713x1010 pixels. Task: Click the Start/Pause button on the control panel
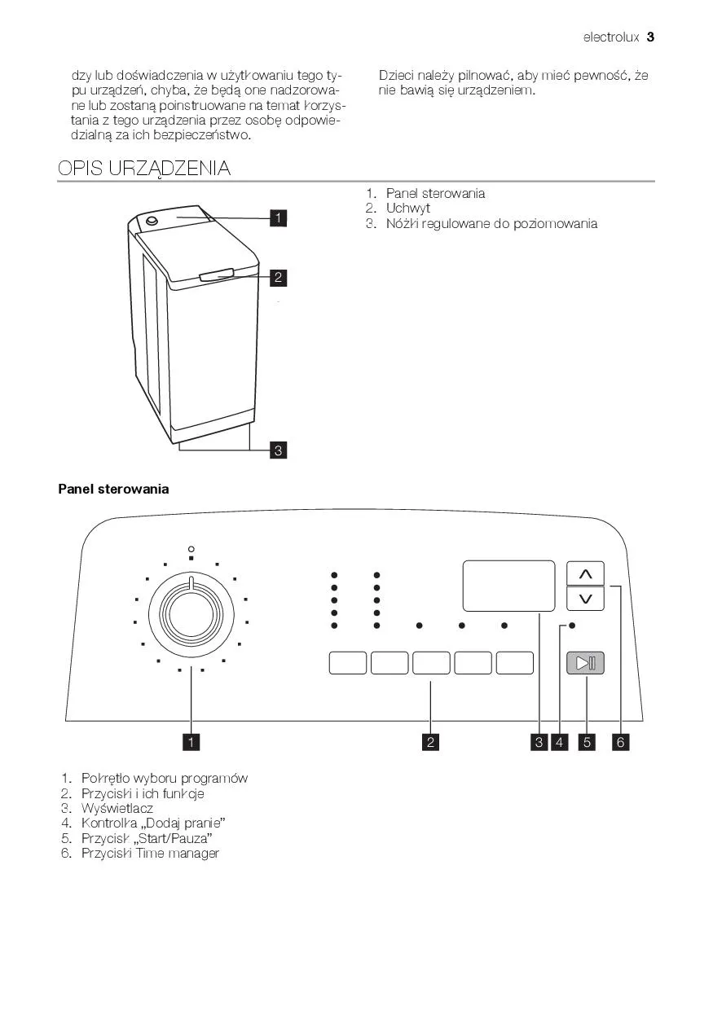(x=585, y=662)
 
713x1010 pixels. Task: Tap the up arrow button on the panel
(x=585, y=574)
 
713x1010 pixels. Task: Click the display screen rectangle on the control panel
(x=508, y=586)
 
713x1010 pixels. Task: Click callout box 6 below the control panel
(x=621, y=742)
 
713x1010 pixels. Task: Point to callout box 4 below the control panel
(x=560, y=742)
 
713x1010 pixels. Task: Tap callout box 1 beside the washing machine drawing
(x=278, y=217)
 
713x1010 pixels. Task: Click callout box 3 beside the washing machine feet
(x=278, y=450)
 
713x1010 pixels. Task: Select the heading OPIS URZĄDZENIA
(x=144, y=169)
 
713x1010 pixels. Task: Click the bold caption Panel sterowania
(x=114, y=489)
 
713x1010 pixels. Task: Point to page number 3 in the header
(x=650, y=37)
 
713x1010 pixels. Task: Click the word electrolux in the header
(x=611, y=37)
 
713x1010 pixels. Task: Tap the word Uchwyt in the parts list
(x=408, y=209)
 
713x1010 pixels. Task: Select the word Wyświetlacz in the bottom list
(x=117, y=808)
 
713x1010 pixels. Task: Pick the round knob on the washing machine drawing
(x=152, y=222)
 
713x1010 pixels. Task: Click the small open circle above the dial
(x=191, y=548)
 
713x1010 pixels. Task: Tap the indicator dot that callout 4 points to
(x=572, y=626)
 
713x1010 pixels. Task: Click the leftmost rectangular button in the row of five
(x=348, y=662)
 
